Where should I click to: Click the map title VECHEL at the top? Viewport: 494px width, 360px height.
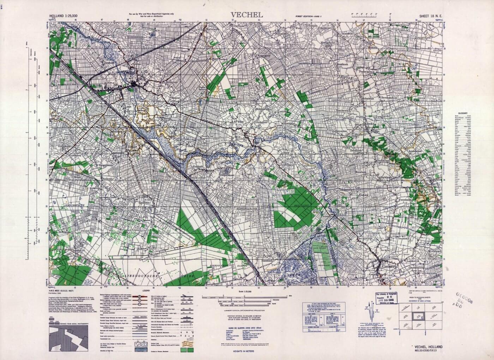click(247, 15)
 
